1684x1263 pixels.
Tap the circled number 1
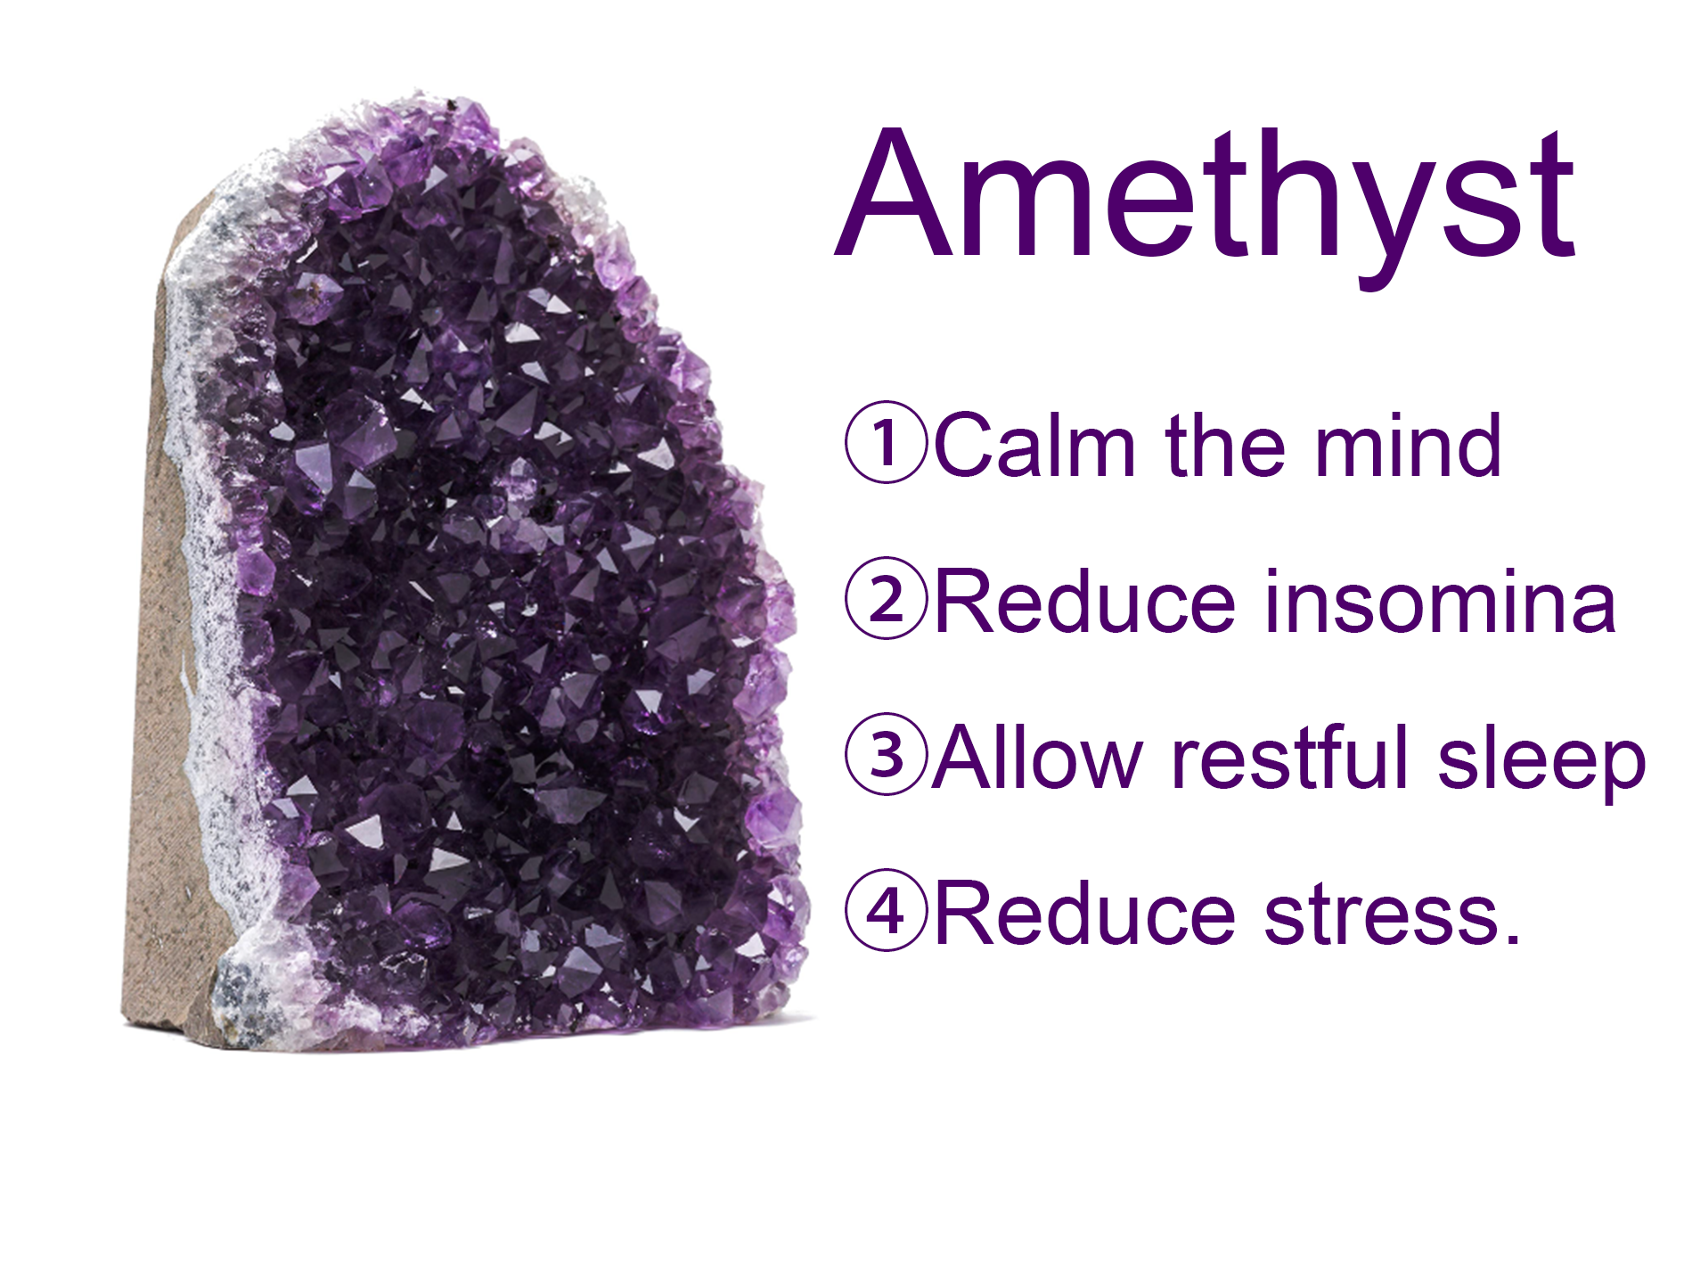[887, 442]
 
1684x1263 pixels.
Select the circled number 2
[887, 598]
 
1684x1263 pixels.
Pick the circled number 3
[887, 754]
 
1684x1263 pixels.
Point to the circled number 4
[887, 910]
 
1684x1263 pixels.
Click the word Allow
[1037, 757]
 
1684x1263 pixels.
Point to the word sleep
[1541, 763]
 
